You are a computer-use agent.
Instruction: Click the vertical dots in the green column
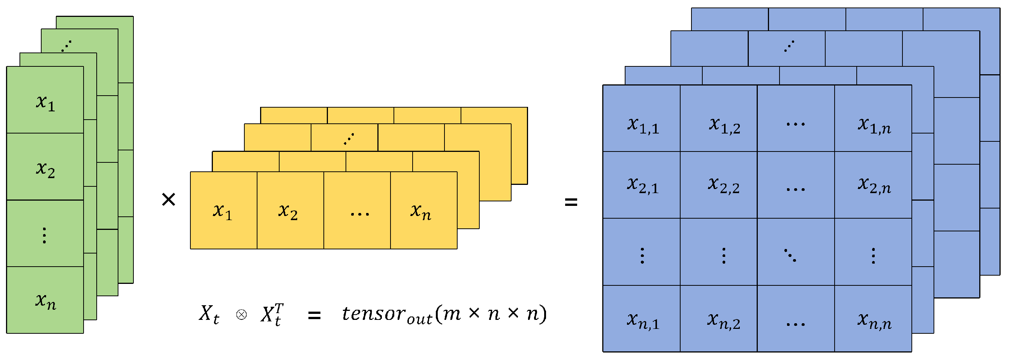tap(44, 235)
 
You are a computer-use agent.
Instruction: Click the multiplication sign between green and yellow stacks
tap(169, 199)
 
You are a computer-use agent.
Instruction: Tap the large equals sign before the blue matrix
tap(570, 202)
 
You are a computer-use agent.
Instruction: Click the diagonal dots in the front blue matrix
tap(790, 255)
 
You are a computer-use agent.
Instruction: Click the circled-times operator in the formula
tap(241, 315)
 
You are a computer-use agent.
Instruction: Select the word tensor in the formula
tap(373, 314)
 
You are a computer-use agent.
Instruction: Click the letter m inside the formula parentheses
tap(452, 314)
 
